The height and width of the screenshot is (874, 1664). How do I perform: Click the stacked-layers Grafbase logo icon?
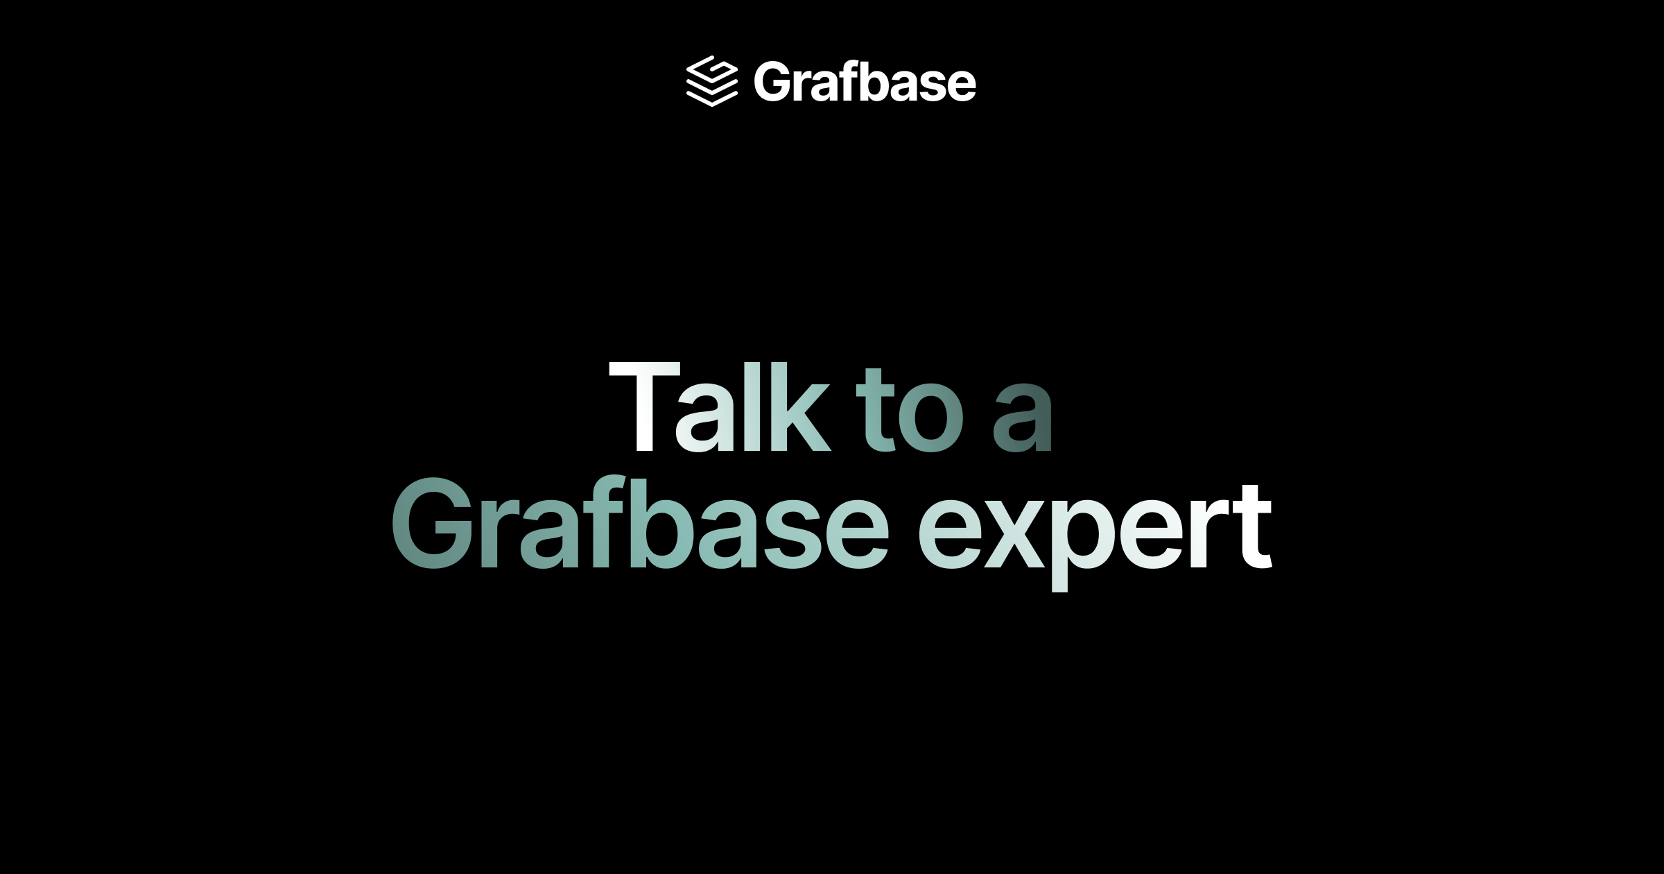click(x=711, y=81)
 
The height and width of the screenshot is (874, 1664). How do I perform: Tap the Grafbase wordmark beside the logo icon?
click(x=865, y=82)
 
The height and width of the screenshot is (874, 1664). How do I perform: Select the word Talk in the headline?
click(x=719, y=409)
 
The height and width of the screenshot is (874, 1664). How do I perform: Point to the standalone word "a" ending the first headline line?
click(x=1023, y=419)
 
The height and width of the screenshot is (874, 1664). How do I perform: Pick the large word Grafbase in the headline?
click(x=639, y=525)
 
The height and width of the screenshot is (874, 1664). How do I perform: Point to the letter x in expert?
click(x=1015, y=535)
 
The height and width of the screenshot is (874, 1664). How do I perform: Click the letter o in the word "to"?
click(x=930, y=419)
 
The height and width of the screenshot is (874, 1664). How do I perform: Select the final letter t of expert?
click(x=1254, y=527)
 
